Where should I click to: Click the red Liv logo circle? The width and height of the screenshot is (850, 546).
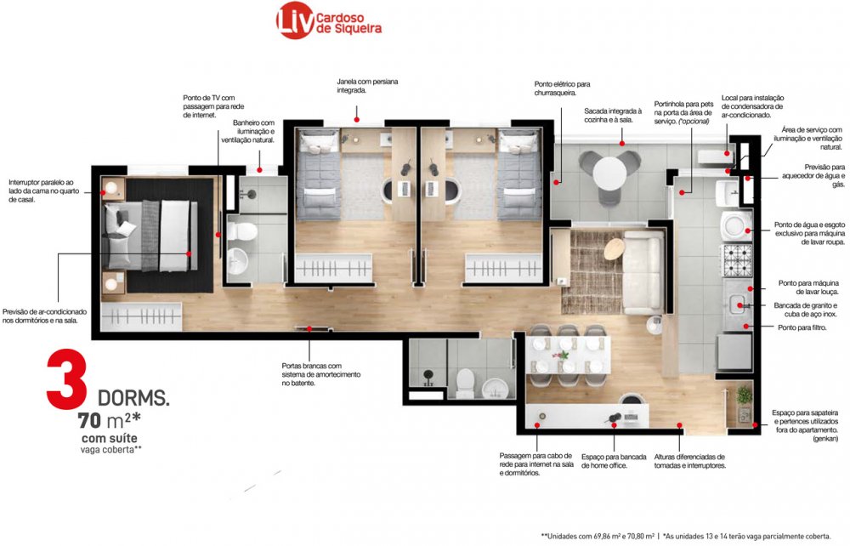coord(296,20)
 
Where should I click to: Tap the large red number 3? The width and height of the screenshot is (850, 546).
coord(66,379)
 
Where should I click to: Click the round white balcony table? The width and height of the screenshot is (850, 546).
coord(610,173)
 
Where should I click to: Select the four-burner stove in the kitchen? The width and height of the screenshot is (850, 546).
coord(737,259)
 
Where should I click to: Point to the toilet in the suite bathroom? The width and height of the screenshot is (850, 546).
coord(241,231)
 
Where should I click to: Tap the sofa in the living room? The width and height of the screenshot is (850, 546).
coord(643,271)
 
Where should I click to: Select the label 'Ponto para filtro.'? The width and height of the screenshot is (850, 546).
coord(802,327)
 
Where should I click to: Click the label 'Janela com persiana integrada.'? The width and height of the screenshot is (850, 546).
coord(367,86)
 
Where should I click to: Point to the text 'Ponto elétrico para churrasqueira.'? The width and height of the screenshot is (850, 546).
coord(562,88)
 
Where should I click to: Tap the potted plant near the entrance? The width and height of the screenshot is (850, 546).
coord(745,395)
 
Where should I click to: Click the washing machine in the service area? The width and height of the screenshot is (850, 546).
coord(735,225)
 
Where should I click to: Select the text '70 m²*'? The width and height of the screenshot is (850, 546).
coord(109,420)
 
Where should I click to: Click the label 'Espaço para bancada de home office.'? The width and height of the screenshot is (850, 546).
coord(614,461)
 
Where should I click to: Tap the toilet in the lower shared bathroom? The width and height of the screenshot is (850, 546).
coord(466,383)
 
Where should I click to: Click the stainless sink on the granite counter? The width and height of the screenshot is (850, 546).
coord(737,305)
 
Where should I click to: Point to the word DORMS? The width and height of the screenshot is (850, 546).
coord(133,398)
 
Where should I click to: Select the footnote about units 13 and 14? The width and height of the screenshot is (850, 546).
coord(746,537)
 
